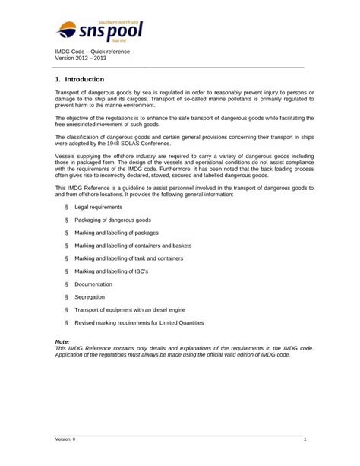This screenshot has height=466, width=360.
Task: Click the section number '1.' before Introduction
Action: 58,78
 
